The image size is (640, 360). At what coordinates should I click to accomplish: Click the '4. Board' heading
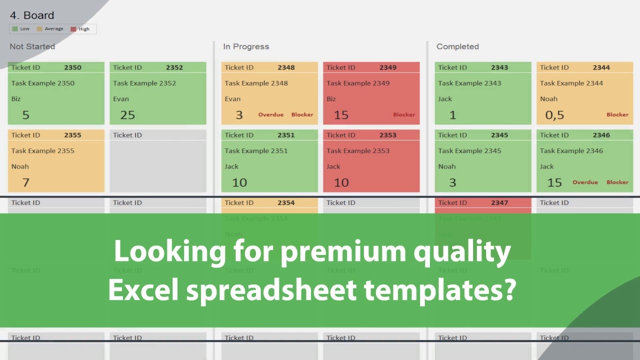32,15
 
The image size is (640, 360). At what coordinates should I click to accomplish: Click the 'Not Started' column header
32,46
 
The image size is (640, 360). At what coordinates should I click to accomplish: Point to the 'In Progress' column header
246,46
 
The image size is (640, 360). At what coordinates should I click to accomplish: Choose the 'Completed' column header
457,46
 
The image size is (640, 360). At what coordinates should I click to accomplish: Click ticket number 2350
72,67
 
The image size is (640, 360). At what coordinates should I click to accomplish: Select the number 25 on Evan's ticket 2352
127,115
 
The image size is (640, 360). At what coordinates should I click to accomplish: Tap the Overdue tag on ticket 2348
270,115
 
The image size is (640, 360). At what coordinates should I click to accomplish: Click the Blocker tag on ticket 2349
404,115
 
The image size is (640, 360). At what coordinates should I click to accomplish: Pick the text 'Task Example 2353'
358,150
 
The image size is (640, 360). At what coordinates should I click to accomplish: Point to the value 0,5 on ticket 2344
554,115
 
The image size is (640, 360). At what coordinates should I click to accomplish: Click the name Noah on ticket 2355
20,166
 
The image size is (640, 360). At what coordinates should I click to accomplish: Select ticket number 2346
601,135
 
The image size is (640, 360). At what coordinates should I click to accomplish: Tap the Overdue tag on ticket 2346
585,182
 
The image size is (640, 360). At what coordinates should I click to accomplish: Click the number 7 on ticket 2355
26,182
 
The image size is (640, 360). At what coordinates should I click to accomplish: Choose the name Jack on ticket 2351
231,166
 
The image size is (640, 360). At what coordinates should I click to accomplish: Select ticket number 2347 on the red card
499,202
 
